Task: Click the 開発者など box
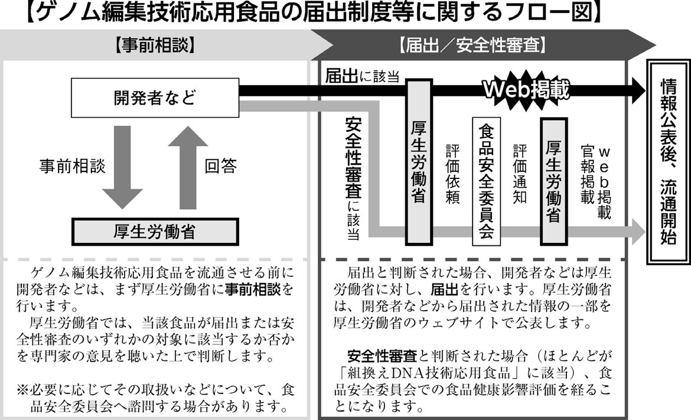[155, 98]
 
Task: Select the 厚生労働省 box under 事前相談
[155, 232]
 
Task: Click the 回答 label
[221, 166]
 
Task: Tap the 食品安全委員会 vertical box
[486, 181]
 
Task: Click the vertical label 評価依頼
[452, 174]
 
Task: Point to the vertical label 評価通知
[520, 174]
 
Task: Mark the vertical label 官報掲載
[588, 174]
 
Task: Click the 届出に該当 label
[362, 76]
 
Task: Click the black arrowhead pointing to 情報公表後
[638, 90]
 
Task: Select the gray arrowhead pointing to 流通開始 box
[638, 232]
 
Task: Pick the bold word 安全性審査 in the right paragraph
[382, 356]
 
